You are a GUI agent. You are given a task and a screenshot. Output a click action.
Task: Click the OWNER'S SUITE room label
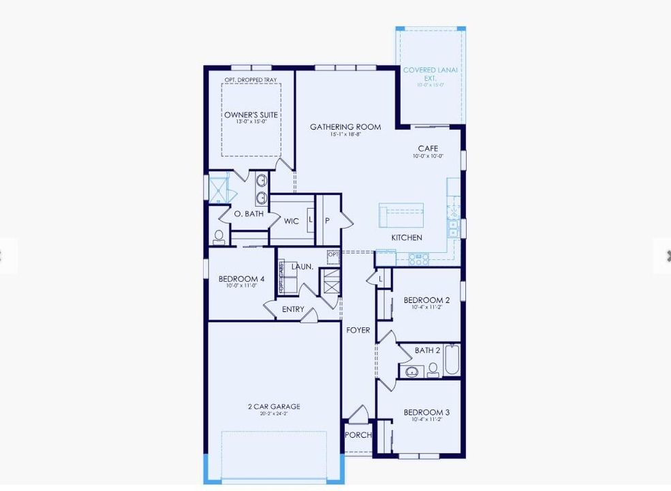pyautogui.click(x=251, y=115)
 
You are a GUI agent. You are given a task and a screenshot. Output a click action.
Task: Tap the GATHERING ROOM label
pyautogui.click(x=345, y=127)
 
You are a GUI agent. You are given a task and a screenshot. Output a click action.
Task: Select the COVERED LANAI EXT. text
pyautogui.click(x=431, y=74)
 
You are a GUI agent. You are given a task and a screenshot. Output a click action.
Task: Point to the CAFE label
pyautogui.click(x=428, y=149)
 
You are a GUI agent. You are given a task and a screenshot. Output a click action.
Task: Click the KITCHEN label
pyautogui.click(x=407, y=237)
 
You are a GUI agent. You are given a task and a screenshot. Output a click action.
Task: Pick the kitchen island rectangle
pyautogui.click(x=401, y=215)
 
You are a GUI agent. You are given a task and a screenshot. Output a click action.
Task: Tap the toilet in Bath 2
pyautogui.click(x=433, y=370)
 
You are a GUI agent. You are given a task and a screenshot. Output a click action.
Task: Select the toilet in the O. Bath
pyautogui.click(x=219, y=237)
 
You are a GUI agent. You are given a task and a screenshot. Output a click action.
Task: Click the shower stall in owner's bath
pyautogui.click(x=218, y=188)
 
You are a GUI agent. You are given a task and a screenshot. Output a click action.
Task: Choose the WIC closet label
pyautogui.click(x=292, y=221)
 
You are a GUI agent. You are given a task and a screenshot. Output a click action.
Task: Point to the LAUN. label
pyautogui.click(x=302, y=267)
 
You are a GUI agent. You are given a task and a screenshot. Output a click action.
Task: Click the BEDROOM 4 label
pyautogui.click(x=241, y=279)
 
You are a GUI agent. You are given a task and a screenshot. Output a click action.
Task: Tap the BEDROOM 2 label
pyautogui.click(x=426, y=300)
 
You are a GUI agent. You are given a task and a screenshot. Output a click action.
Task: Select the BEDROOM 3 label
pyautogui.click(x=426, y=413)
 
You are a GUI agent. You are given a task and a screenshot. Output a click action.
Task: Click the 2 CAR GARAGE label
pyautogui.click(x=274, y=407)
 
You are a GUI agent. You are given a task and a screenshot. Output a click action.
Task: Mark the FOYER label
pyautogui.click(x=358, y=330)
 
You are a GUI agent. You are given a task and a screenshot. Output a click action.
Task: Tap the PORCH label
pyautogui.click(x=358, y=435)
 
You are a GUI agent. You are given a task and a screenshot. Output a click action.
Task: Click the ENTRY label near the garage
pyautogui.click(x=294, y=310)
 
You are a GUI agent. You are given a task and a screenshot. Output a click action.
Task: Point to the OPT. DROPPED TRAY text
pyautogui.click(x=251, y=80)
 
